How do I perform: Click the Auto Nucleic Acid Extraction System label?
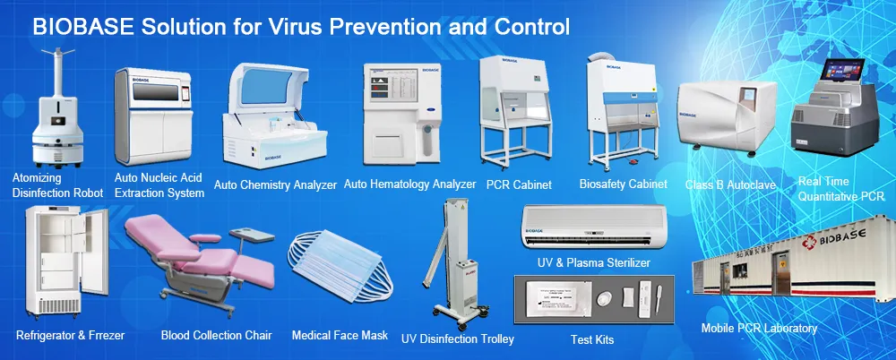coord(160,185)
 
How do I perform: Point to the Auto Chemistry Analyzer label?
coord(275,185)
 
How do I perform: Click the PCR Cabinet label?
coord(518,184)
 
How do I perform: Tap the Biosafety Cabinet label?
coord(623,184)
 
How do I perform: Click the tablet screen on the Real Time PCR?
coord(837,75)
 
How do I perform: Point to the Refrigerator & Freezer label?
coord(71,336)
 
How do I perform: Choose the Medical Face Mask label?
coord(340,336)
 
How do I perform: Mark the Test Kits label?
coord(591,339)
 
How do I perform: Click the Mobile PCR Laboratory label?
coord(759,329)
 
